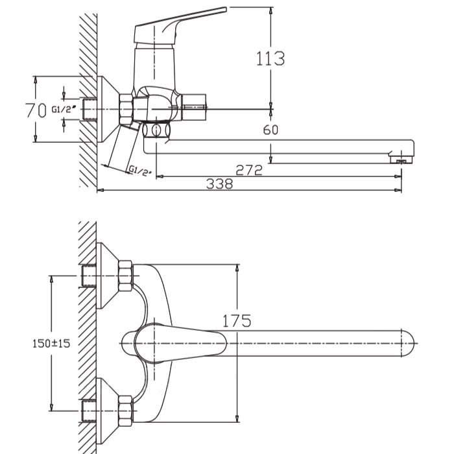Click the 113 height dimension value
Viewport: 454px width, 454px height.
point(270,59)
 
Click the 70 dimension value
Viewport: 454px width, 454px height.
point(35,110)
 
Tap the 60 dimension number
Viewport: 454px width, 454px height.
point(270,130)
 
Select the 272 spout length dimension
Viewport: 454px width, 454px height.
point(248,170)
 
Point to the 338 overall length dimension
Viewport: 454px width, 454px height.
point(219,184)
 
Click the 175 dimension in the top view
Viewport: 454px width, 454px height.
point(237,320)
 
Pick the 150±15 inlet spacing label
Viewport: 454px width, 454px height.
point(51,344)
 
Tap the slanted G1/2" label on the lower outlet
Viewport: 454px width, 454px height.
point(141,171)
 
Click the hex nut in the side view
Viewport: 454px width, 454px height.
point(125,110)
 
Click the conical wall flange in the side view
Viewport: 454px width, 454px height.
point(106,110)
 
